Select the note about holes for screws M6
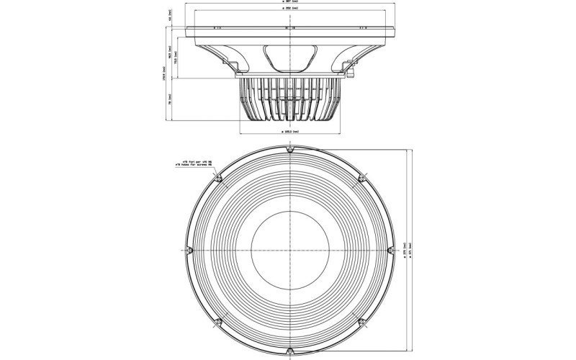tap(190, 165)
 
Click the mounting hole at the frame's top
tap(289, 150)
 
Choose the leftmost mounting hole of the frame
tap(189, 250)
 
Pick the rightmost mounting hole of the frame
tap(389, 250)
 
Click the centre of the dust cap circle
tap(289, 250)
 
